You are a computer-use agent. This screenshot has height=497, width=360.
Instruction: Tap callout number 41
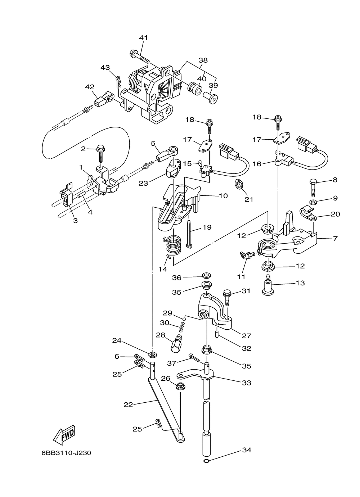click(143, 38)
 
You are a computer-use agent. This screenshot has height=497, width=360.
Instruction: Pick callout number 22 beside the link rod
click(128, 405)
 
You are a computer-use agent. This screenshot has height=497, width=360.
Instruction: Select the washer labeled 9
click(313, 202)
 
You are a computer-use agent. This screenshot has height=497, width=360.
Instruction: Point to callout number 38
click(203, 60)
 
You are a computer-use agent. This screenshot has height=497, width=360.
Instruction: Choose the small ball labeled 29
click(184, 319)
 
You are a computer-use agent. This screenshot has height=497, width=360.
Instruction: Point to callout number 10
click(223, 196)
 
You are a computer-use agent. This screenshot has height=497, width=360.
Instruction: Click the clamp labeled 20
click(308, 214)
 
